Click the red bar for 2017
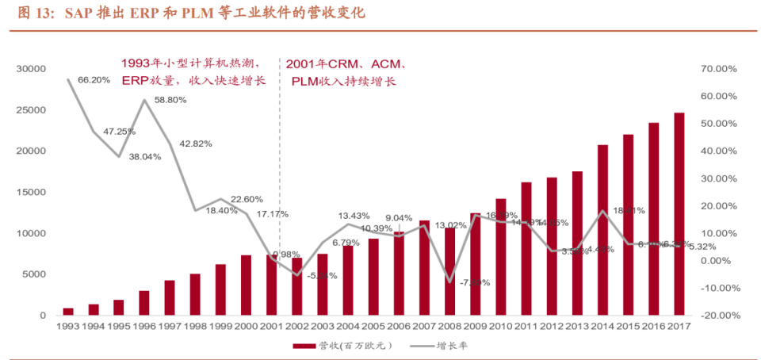click(x=679, y=214)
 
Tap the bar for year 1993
click(x=68, y=312)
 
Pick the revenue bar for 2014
click(x=602, y=230)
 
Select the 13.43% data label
click(x=354, y=216)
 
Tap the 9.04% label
click(x=398, y=218)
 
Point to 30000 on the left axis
click(x=30, y=69)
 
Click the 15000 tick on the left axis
click(x=30, y=192)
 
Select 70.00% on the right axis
click(x=719, y=69)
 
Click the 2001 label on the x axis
click(x=272, y=325)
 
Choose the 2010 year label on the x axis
click(x=501, y=325)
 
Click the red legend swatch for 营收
click(x=304, y=346)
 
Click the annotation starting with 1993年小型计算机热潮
click(x=192, y=63)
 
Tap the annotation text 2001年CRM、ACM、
click(x=346, y=63)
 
